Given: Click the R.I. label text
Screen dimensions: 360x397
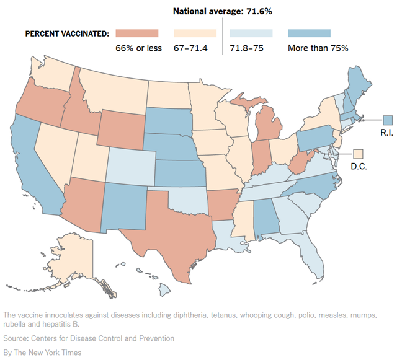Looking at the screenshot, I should (389, 132).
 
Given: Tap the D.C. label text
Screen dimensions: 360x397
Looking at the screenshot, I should (359, 165).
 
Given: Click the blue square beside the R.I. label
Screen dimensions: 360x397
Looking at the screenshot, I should (388, 120).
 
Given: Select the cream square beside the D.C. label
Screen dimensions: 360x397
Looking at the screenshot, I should (358, 153).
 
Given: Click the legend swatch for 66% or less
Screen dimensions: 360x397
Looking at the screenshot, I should (137, 33).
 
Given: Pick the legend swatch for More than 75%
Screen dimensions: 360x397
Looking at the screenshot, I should (310, 33).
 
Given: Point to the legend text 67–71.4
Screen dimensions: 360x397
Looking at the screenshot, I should (194, 47).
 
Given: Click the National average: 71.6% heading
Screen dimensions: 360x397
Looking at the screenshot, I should (222, 11).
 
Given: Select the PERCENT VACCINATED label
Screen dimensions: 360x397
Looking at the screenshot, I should (68, 33).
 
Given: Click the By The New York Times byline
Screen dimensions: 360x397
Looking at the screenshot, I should (42, 353).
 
